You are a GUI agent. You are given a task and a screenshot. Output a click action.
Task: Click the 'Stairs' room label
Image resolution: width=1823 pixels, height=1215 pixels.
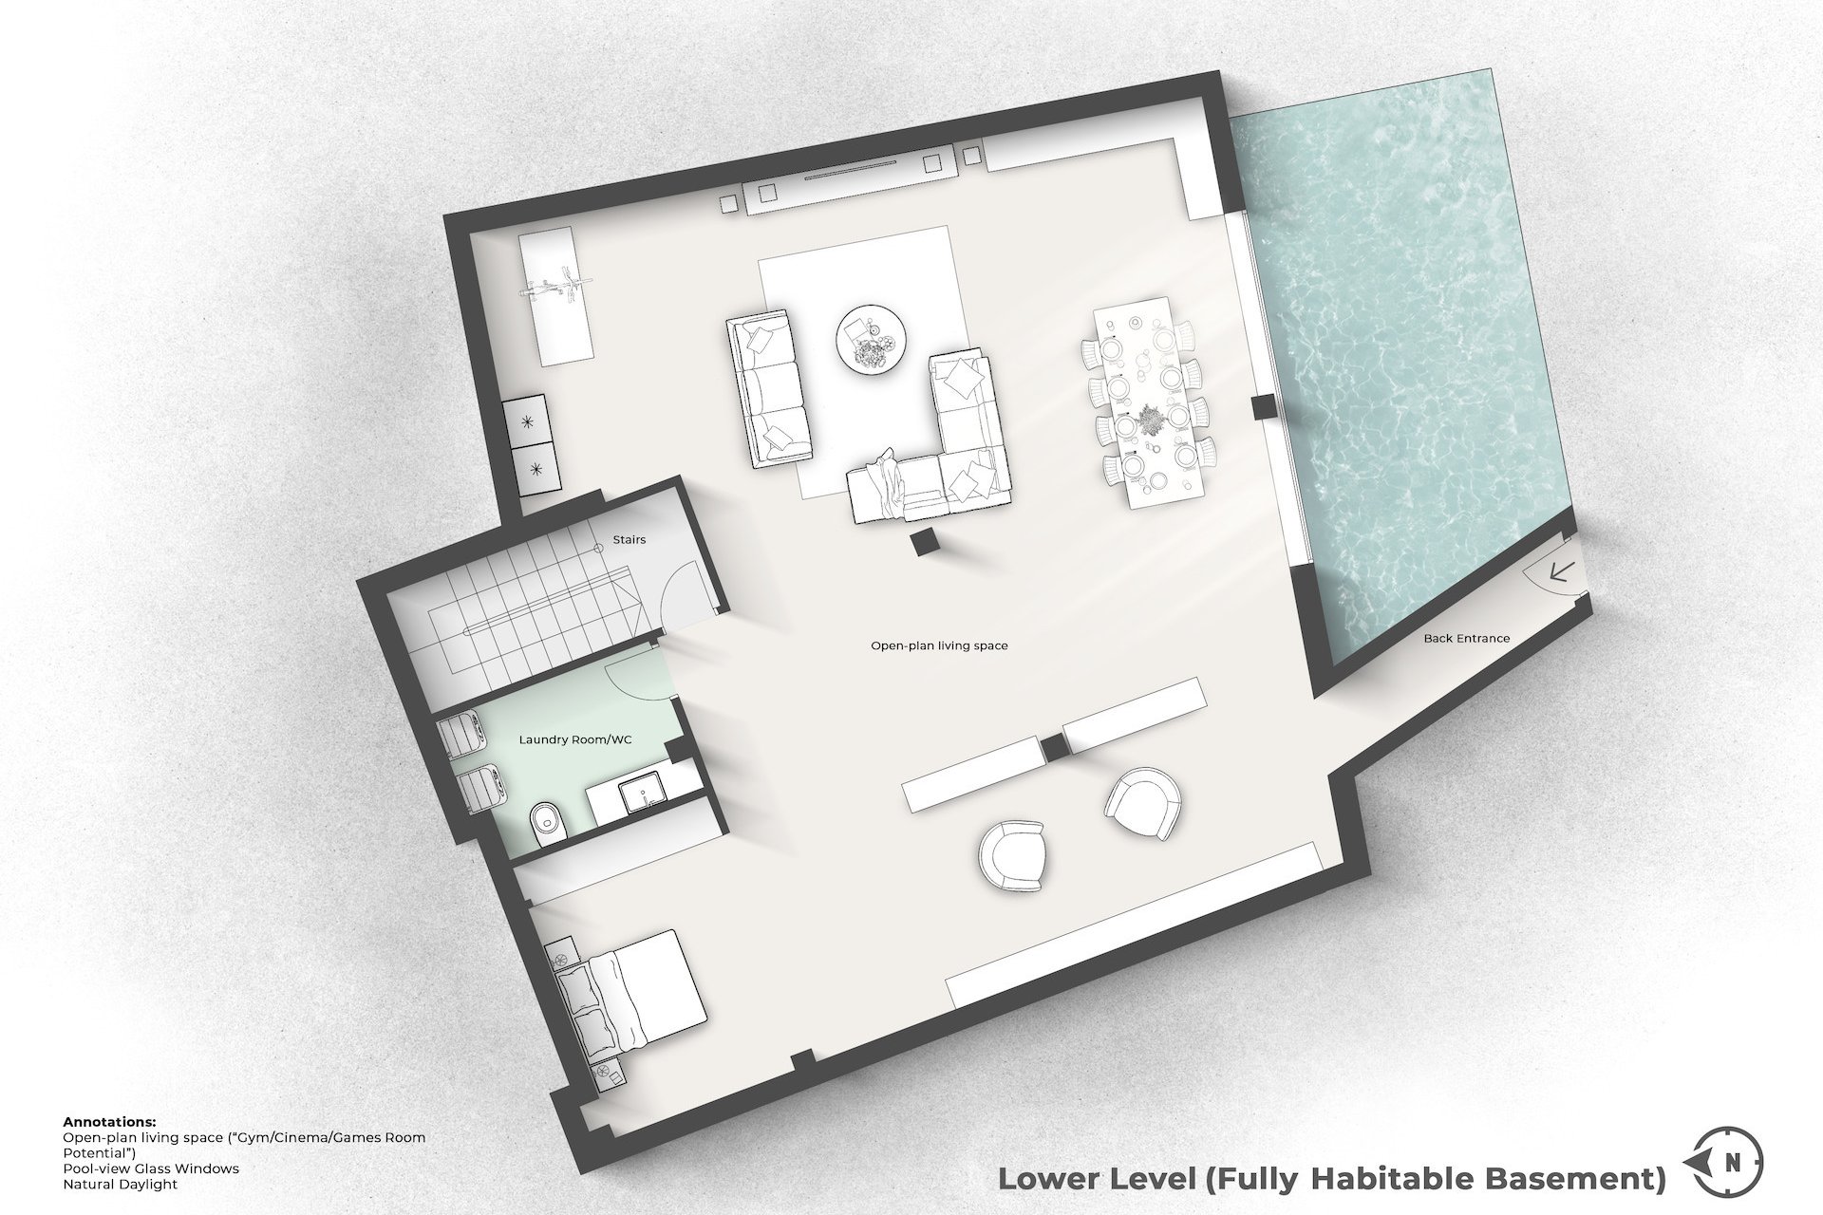point(629,539)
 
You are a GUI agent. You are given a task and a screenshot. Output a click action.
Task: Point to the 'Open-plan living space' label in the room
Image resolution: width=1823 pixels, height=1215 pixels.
point(939,645)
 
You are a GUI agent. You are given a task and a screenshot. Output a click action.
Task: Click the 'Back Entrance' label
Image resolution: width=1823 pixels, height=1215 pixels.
point(1466,639)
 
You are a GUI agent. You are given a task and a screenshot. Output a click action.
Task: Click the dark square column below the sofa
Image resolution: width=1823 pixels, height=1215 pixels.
point(923,543)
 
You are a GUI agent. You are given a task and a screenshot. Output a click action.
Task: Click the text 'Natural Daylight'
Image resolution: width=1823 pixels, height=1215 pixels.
point(120,1185)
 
